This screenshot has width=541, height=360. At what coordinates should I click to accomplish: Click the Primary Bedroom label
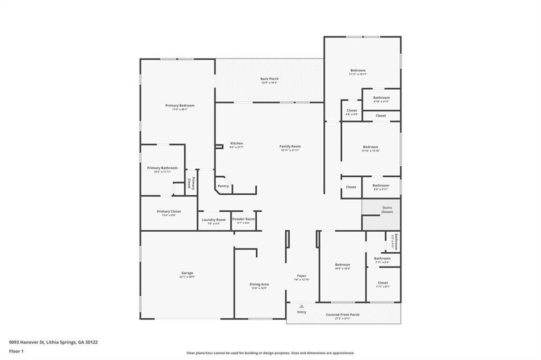coord(180,106)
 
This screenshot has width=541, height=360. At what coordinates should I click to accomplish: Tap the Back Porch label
coord(269,79)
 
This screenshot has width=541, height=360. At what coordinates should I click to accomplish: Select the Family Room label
coord(290,146)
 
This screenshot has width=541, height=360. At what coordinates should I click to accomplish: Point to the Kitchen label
coord(236,144)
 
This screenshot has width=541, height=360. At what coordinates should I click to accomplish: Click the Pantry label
coord(223,186)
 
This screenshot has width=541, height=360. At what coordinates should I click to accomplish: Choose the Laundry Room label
coord(213,220)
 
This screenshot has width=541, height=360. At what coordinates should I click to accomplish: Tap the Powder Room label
coord(244,219)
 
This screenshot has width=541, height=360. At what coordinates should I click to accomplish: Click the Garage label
coord(187,273)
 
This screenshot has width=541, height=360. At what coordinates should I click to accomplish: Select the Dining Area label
coord(259,284)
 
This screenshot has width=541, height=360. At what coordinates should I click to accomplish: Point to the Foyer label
coord(301,276)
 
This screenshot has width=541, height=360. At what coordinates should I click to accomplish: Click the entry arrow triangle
coord(301,306)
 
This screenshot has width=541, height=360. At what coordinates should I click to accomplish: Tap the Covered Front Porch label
coord(342,315)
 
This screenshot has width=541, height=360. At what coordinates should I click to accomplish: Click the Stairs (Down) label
coord(387,207)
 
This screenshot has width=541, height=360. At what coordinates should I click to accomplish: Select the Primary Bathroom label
coord(162,168)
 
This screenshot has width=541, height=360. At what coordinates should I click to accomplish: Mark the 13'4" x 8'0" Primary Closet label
coord(169,215)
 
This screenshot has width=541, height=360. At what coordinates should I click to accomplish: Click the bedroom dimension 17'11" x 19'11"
coord(358,74)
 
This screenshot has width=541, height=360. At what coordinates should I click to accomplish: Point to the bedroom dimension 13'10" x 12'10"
coord(370,151)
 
